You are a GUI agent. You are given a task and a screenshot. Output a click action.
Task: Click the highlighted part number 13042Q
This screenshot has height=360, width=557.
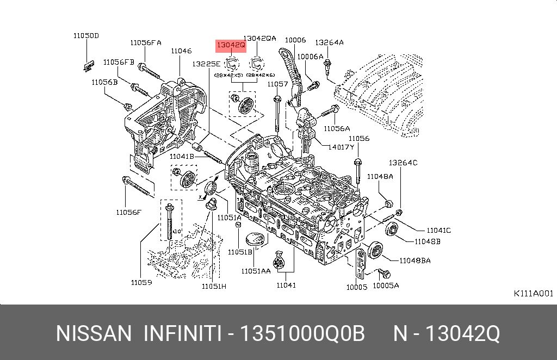point(231,46)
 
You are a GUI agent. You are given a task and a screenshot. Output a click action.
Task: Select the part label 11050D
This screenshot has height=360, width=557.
point(86,36)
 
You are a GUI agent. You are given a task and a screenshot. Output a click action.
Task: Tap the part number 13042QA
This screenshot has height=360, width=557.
point(259,39)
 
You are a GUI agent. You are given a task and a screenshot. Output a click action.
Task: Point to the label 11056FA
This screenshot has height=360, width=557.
point(145,42)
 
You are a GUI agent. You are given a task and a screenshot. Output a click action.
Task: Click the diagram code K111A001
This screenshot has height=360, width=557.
point(533,293)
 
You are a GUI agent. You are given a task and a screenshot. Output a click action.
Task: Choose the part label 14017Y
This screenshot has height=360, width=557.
point(341,147)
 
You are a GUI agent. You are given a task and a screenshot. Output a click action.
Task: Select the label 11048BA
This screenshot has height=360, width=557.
point(414,260)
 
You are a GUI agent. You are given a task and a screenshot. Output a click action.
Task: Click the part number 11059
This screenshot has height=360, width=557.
point(141,282)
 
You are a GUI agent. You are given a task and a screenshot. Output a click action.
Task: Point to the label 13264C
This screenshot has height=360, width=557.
point(403,163)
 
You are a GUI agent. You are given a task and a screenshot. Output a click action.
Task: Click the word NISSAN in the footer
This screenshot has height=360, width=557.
point(94,333)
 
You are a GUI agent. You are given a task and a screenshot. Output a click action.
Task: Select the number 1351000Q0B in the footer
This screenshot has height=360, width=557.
point(302,333)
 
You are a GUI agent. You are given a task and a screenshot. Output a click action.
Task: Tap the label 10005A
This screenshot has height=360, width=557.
point(386,284)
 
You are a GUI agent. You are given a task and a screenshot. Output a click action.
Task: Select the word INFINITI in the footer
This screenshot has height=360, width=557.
point(182,333)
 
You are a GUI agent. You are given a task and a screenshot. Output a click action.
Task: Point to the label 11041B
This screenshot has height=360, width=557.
point(181,157)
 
